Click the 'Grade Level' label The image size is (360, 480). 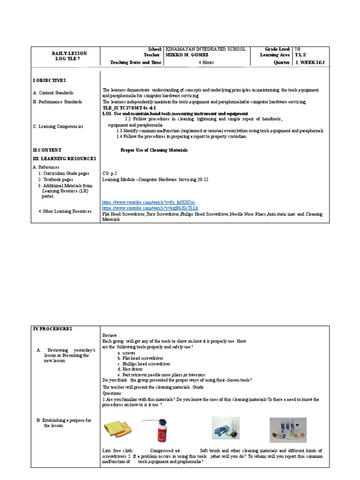(x=277, y=49)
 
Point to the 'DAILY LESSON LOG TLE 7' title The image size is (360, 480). (x=69, y=56)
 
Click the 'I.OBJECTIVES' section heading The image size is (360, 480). (x=50, y=81)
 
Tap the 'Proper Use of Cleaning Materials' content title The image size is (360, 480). (x=154, y=150)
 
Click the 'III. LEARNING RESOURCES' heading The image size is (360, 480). (x=64, y=159)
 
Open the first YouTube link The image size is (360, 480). (x=145, y=202)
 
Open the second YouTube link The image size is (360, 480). (x=150, y=208)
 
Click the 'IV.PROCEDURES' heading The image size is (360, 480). (x=52, y=329)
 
